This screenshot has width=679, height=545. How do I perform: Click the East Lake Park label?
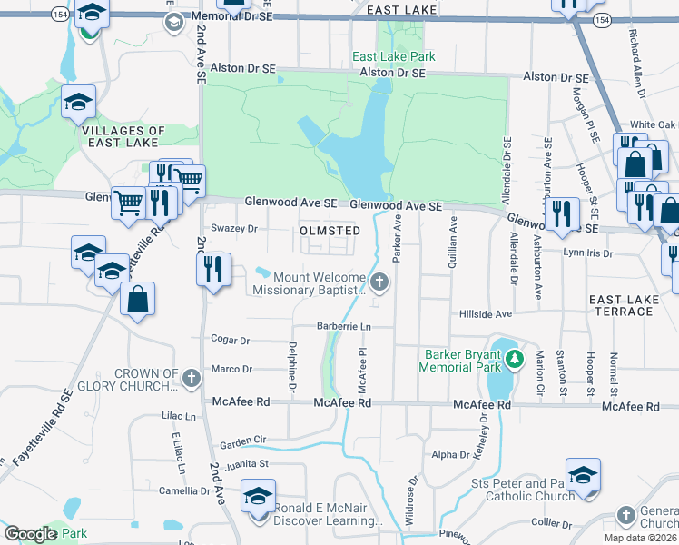[x=394, y=56]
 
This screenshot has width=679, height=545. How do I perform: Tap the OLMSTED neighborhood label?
[x=330, y=231]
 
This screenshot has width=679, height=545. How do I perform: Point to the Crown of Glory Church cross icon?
[x=191, y=379]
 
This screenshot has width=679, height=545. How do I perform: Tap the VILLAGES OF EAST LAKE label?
[x=123, y=137]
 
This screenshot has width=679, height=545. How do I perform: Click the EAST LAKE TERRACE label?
[x=621, y=305]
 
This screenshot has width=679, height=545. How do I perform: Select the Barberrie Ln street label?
[x=344, y=326]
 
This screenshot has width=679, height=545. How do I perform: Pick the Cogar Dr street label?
[x=230, y=342]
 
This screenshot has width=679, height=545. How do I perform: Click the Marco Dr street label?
[x=231, y=369]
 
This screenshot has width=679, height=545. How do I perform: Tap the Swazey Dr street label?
[x=234, y=229]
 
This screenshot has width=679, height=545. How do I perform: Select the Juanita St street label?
[x=253, y=463]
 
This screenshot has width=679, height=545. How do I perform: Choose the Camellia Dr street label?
[x=184, y=491]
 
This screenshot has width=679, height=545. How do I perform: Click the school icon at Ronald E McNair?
[x=258, y=497]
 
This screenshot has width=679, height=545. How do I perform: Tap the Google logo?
[x=31, y=534]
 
